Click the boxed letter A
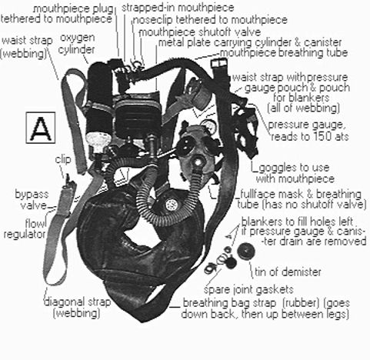pos(41,128)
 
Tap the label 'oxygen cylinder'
pos(76,44)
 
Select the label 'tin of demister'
pos(288,272)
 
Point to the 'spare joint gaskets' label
pos(248,289)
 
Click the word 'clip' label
pos(63,159)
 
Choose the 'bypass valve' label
pos(32,199)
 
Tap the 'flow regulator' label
pos(25,228)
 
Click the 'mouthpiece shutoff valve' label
pos(200,32)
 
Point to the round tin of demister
pos(246,252)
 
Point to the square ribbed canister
pos(137,119)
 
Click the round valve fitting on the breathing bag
pos(172,205)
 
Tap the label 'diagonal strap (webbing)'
pos(78,308)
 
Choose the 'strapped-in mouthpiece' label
pos(178,8)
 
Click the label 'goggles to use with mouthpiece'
pos(295,173)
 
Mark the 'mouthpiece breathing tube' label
pos(284,53)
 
